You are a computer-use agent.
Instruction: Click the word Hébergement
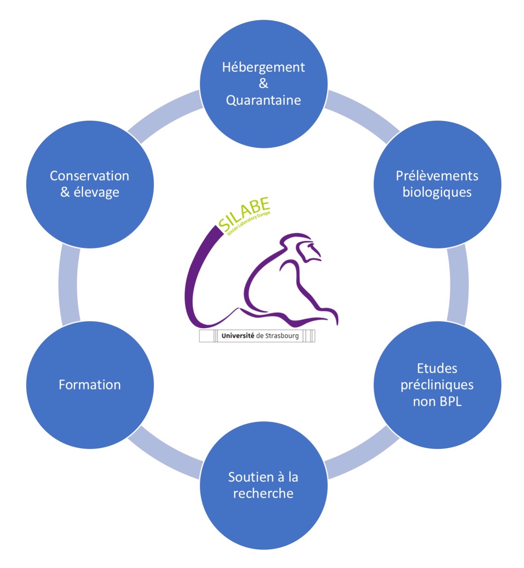click(x=263, y=67)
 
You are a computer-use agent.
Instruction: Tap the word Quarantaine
click(x=263, y=100)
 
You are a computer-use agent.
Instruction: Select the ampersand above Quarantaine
click(x=263, y=84)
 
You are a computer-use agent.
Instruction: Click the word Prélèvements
click(x=437, y=176)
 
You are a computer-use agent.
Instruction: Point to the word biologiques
click(x=437, y=192)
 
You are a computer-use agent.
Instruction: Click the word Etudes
click(x=437, y=368)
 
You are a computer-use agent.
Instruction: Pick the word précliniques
click(x=437, y=385)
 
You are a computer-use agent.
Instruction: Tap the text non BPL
click(x=437, y=402)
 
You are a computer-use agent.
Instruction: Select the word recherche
click(x=263, y=494)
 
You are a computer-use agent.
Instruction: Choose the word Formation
click(x=90, y=385)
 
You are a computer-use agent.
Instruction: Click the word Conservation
click(x=90, y=176)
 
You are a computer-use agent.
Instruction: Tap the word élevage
click(x=96, y=192)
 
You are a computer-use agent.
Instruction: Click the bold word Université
click(x=238, y=336)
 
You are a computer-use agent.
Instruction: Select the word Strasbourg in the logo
click(x=282, y=336)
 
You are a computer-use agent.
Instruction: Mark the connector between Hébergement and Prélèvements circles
click(x=362, y=116)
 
